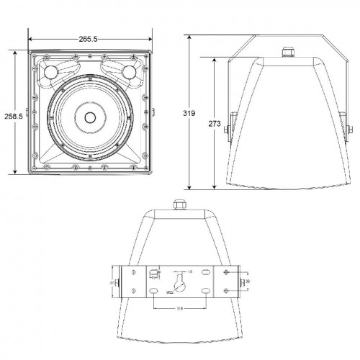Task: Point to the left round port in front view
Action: pos(51,73)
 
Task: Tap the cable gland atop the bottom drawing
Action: pos(177,204)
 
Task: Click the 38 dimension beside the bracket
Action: pos(247,282)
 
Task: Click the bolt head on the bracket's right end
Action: pos(240,282)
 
